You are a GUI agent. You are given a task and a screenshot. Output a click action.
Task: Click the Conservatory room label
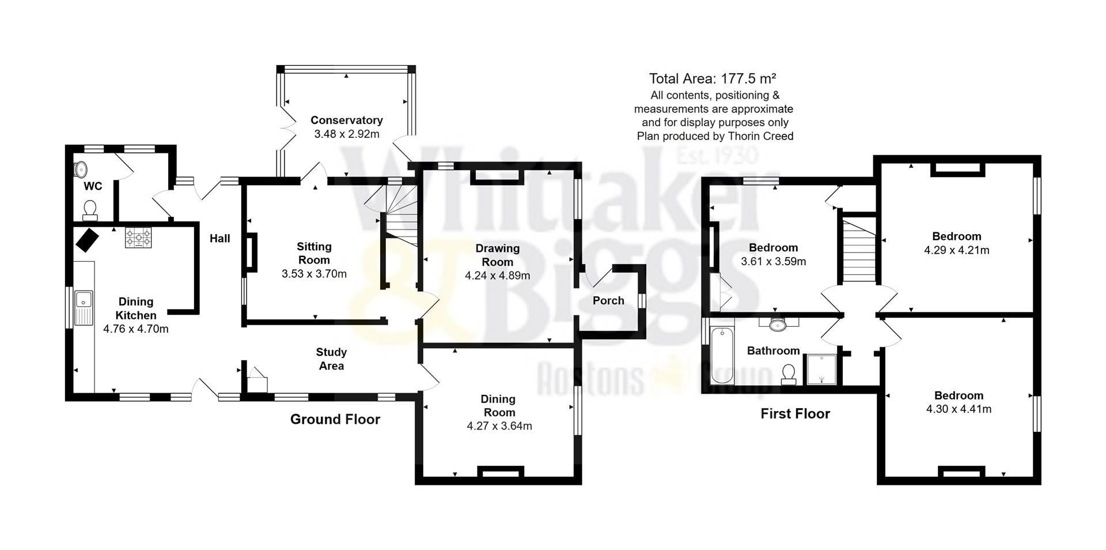tap(346, 120)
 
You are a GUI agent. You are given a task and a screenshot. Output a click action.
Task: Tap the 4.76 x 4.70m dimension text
tap(136, 329)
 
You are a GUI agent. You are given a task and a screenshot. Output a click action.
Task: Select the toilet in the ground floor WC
tap(90, 210)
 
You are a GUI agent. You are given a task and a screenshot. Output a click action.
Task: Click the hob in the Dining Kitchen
tap(139, 237)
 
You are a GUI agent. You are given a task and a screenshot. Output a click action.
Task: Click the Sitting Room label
tap(314, 253)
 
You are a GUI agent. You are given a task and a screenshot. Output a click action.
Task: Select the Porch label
tap(608, 300)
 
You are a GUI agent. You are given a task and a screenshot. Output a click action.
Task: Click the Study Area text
tap(331, 359)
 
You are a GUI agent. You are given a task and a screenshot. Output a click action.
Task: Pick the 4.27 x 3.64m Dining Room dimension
tap(499, 426)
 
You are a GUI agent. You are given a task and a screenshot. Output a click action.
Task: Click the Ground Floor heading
tap(335, 419)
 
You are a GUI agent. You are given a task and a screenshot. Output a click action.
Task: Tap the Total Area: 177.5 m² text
tap(713, 78)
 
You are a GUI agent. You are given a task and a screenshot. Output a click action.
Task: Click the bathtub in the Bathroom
tap(722, 356)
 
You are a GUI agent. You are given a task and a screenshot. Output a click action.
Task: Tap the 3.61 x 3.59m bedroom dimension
tap(773, 261)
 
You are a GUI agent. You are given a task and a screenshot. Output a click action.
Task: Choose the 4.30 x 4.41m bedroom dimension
tap(959, 409)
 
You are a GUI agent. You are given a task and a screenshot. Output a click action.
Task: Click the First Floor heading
tap(795, 413)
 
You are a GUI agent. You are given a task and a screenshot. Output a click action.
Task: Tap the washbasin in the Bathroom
tap(778, 324)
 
